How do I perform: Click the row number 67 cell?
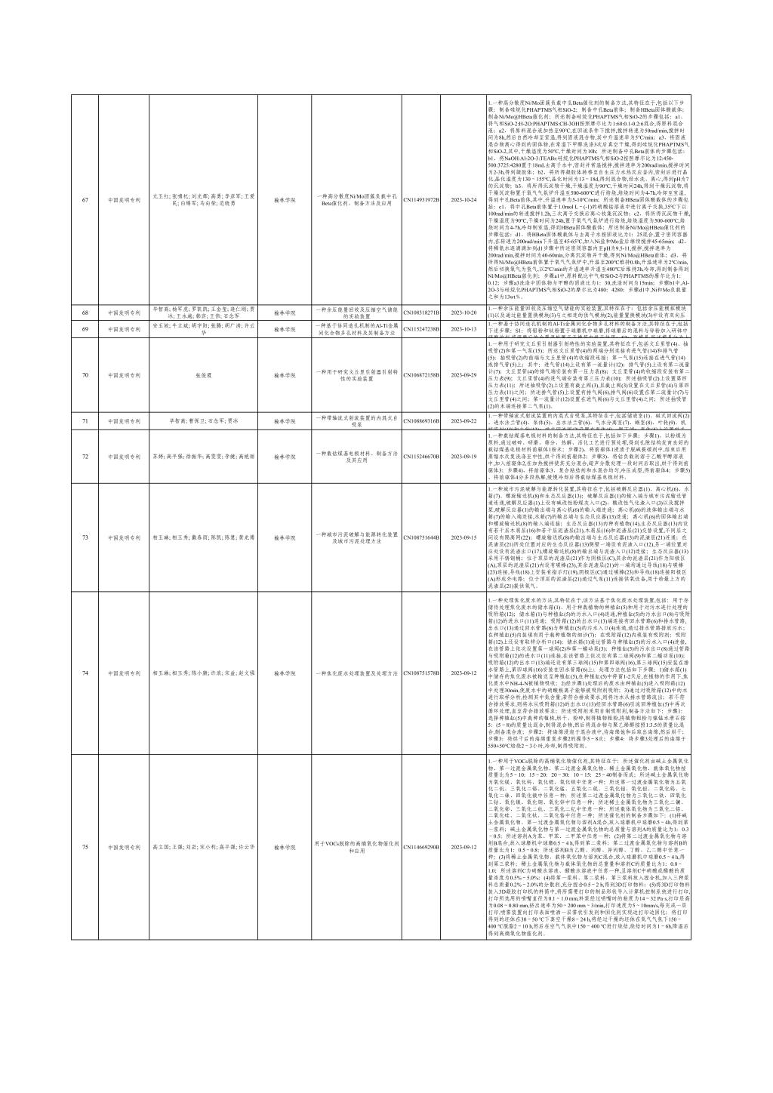pyautogui.click(x=85, y=200)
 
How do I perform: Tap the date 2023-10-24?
pyautogui.click(x=464, y=200)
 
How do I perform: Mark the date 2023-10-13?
pyautogui.click(x=464, y=328)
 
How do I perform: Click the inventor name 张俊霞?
pyautogui.click(x=202, y=374)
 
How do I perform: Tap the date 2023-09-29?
pyautogui.click(x=464, y=374)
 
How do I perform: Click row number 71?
pyautogui.click(x=85, y=420)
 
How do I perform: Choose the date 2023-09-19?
pyautogui.click(x=464, y=456)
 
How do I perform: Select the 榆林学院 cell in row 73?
pyautogui.click(x=285, y=537)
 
